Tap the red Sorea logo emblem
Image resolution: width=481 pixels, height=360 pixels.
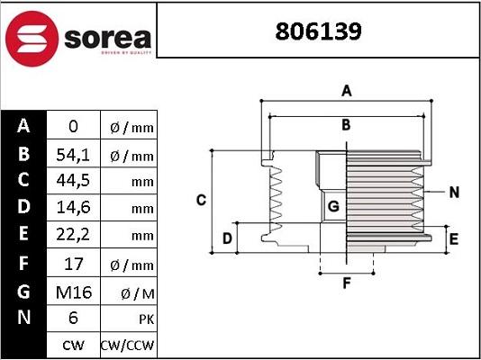[x=32, y=37]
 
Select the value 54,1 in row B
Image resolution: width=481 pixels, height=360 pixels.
[x=73, y=155]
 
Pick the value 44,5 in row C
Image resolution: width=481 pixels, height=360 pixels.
[x=73, y=182]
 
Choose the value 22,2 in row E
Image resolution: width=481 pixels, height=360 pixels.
[x=73, y=236]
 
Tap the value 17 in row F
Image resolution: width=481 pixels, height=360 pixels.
[x=73, y=265]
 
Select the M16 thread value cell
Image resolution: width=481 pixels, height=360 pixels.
[x=73, y=292]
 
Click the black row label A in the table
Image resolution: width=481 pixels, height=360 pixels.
[x=24, y=127]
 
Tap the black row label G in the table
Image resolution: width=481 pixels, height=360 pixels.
[x=24, y=292]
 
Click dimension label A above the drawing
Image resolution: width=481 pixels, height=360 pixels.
[x=346, y=90]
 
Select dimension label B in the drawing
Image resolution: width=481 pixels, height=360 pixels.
[x=346, y=125]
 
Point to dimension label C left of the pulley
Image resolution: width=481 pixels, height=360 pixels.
[x=202, y=199]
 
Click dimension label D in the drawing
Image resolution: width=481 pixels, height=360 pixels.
[x=228, y=238]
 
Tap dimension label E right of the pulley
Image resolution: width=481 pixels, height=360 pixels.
[x=454, y=239]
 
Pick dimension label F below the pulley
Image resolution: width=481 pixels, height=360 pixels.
[x=346, y=285]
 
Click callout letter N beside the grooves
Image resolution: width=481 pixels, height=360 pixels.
[x=454, y=192]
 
